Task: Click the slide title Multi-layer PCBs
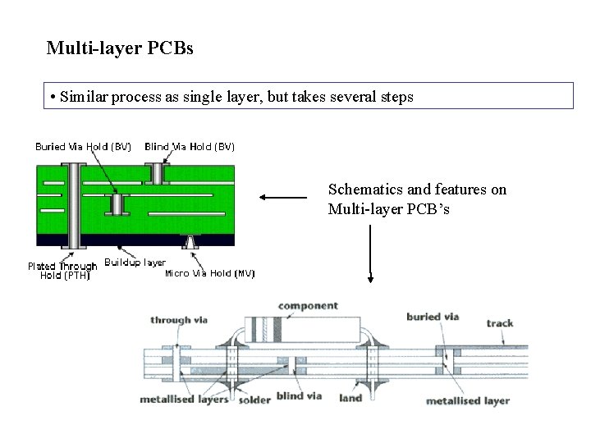(x=120, y=48)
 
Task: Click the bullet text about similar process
(x=231, y=97)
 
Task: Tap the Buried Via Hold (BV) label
(x=83, y=147)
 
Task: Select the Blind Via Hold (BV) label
(x=190, y=147)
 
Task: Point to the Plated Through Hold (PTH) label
(x=62, y=271)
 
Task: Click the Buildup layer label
(x=135, y=263)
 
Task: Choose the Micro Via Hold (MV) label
(x=210, y=273)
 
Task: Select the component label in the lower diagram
(x=308, y=306)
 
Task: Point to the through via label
(x=181, y=320)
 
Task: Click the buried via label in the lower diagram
(x=433, y=317)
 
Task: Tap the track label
(x=500, y=322)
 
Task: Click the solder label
(x=255, y=400)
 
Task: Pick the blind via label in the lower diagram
(x=299, y=396)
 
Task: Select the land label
(x=350, y=398)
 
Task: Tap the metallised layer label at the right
(x=468, y=400)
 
